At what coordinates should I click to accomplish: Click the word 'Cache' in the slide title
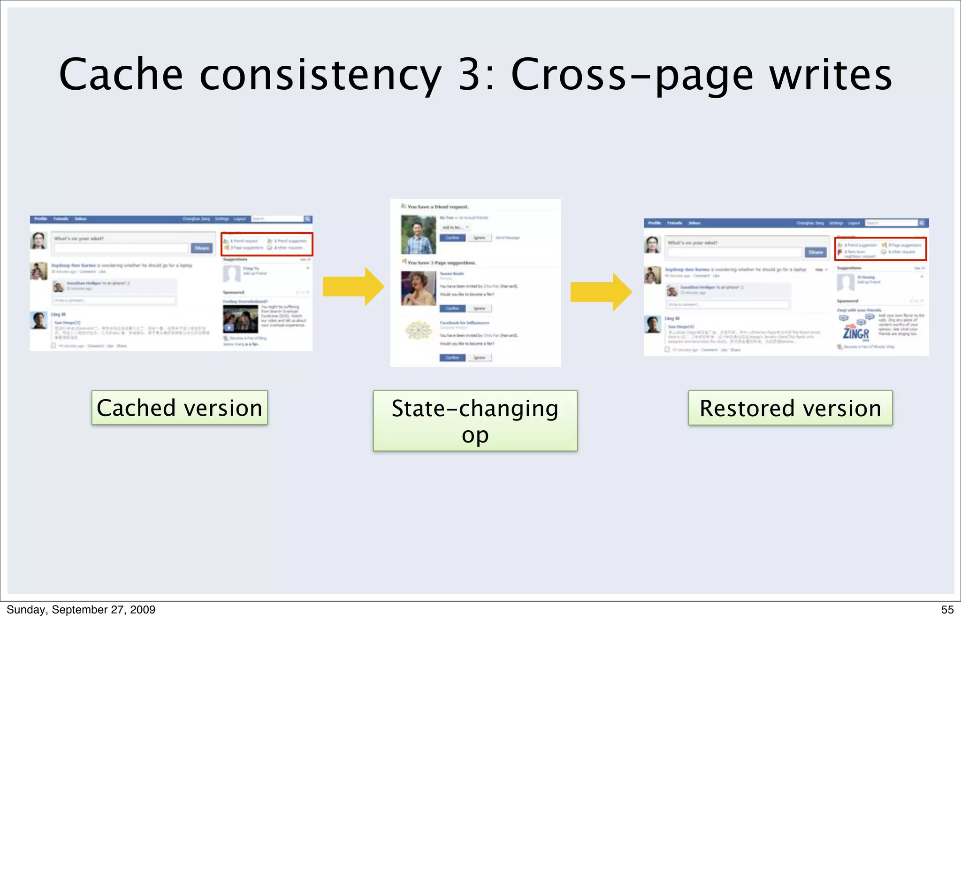tap(121, 75)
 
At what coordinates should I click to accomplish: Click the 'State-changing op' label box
tap(475, 421)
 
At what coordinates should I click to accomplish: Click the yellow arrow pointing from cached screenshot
tap(353, 286)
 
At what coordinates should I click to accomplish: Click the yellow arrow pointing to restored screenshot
tap(601, 292)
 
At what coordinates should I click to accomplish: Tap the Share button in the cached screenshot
tap(202, 248)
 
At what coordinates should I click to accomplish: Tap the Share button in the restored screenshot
tap(815, 252)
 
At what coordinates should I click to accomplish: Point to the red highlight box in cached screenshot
tap(267, 244)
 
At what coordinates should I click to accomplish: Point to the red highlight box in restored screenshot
tap(880, 248)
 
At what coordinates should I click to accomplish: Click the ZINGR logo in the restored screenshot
tap(855, 333)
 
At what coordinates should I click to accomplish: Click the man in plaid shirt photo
tap(418, 235)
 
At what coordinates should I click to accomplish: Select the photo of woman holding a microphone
tap(418, 288)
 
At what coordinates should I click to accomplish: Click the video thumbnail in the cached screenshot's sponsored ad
tap(240, 319)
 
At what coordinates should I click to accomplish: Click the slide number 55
tap(947, 610)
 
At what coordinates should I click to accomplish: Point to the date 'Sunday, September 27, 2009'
tap(81, 610)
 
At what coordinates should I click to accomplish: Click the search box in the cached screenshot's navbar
tap(277, 219)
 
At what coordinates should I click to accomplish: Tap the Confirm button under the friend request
tap(452, 238)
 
